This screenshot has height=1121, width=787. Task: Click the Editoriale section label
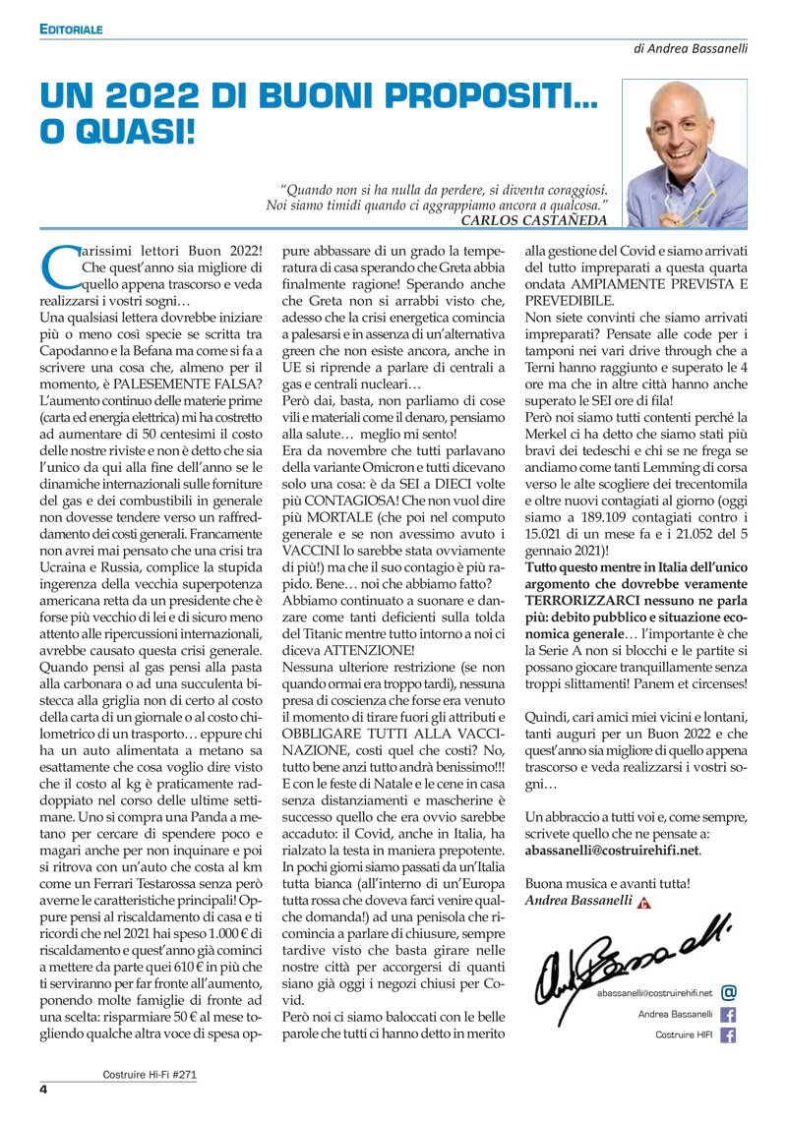point(71,30)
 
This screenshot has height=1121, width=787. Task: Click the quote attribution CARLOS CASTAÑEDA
point(534,220)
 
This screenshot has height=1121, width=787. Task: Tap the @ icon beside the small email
point(729,992)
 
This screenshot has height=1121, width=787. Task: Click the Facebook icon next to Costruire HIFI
point(729,1034)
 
